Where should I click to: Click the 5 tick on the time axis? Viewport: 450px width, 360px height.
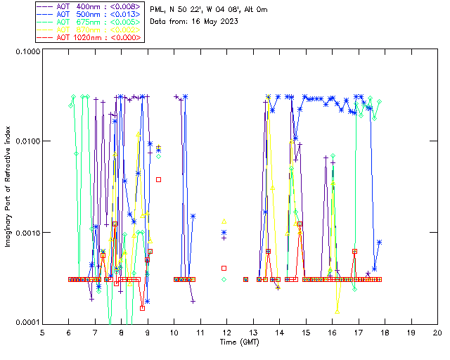(x=42, y=333)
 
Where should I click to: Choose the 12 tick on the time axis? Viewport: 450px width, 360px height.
(x=226, y=333)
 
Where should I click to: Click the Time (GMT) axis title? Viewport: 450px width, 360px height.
(x=239, y=342)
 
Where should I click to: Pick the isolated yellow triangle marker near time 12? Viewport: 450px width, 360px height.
(x=224, y=221)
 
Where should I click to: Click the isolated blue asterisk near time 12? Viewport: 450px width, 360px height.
(x=224, y=232)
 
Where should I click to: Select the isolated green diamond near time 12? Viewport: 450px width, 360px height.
(x=224, y=279)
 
